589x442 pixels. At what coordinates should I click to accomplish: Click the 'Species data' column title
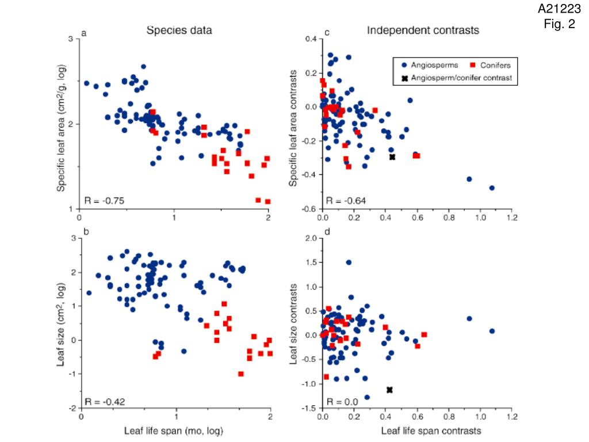tap(179, 31)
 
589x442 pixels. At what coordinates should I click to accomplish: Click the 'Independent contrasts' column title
tap(423, 31)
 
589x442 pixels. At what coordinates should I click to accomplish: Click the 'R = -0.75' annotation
tap(104, 200)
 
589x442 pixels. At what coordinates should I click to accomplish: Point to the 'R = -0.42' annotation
tap(104, 401)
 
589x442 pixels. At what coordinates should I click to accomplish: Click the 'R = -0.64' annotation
tap(346, 201)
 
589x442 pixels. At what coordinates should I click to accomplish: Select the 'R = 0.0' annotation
tap(342, 401)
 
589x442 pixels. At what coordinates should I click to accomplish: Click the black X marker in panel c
tap(392, 157)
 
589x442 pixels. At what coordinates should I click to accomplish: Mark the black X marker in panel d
tap(389, 390)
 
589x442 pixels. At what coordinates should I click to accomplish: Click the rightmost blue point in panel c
tap(492, 188)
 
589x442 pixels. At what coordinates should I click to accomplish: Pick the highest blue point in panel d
tap(349, 262)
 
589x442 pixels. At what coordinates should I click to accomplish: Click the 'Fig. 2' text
tap(559, 24)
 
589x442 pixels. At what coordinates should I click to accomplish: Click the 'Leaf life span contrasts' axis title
tap(431, 430)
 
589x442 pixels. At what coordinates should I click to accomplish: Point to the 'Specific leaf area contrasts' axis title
tap(293, 128)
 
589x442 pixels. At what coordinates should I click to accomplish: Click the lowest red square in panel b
tap(241, 374)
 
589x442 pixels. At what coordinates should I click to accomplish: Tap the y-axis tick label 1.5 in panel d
tap(311, 262)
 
